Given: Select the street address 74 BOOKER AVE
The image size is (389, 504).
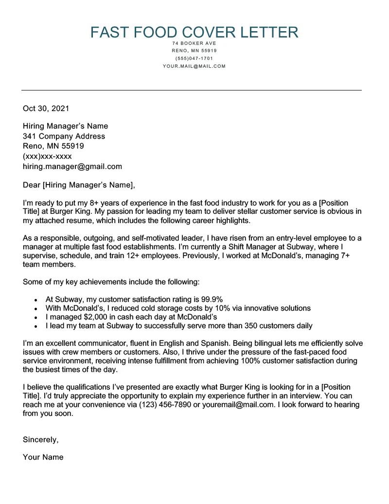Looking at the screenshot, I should tap(194, 43).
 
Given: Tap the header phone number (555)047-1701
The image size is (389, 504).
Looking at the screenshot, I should tap(194, 58).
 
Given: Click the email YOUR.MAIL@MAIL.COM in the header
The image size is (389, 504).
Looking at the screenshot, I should tap(194, 66).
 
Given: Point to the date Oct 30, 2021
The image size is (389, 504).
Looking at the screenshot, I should tap(46, 109).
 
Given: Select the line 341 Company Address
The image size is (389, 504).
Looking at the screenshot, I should tap(64, 136).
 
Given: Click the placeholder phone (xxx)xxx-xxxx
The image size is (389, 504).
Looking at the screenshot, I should tap(47, 156).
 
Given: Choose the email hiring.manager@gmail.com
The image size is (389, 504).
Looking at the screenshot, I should tap(72, 167).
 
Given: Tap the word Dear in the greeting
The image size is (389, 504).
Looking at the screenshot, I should tap(32, 185).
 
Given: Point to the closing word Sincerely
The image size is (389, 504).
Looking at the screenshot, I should tap(40, 440).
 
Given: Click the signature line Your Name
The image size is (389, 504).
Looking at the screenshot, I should tap(43, 457).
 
